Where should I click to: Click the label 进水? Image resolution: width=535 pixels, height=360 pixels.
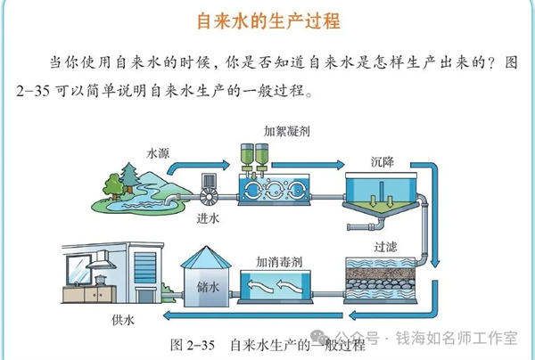208,218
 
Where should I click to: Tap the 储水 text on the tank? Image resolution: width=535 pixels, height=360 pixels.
207,286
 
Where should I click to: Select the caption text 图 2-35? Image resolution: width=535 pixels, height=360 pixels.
188,344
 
